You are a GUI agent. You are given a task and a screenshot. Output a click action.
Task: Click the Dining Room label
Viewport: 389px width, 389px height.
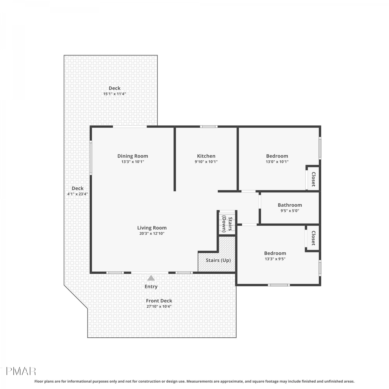click(133, 156)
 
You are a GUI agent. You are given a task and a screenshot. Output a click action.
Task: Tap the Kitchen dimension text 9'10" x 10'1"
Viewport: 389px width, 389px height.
click(206, 162)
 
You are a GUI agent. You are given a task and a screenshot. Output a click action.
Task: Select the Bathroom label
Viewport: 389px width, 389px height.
click(290, 205)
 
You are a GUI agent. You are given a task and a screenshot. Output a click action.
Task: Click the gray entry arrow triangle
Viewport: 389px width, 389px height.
click(151, 278)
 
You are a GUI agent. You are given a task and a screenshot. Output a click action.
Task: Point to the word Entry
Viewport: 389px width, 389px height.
click(151, 287)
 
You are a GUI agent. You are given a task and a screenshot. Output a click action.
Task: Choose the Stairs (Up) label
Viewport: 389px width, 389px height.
click(218, 260)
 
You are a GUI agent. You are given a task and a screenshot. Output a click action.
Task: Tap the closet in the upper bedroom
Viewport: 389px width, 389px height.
click(313, 179)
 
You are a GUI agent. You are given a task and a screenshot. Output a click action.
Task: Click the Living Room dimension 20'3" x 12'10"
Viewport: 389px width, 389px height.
click(152, 233)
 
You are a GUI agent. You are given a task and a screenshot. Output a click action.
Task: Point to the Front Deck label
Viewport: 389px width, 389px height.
click(159, 301)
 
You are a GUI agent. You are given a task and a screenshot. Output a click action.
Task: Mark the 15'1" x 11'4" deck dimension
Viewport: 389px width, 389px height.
click(114, 94)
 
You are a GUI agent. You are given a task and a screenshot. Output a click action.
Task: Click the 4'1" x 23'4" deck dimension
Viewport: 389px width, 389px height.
click(78, 194)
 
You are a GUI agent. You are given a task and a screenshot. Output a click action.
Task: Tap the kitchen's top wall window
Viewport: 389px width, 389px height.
click(209, 127)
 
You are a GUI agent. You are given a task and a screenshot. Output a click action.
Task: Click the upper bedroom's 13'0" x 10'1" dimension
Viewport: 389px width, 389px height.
click(277, 162)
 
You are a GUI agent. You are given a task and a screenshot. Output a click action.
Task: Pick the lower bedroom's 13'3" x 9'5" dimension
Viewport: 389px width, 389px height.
click(275, 259)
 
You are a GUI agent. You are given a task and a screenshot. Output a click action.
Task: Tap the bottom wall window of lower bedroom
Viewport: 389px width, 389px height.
click(279, 285)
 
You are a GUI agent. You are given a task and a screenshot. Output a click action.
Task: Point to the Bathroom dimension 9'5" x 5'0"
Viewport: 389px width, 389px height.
click(290, 211)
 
